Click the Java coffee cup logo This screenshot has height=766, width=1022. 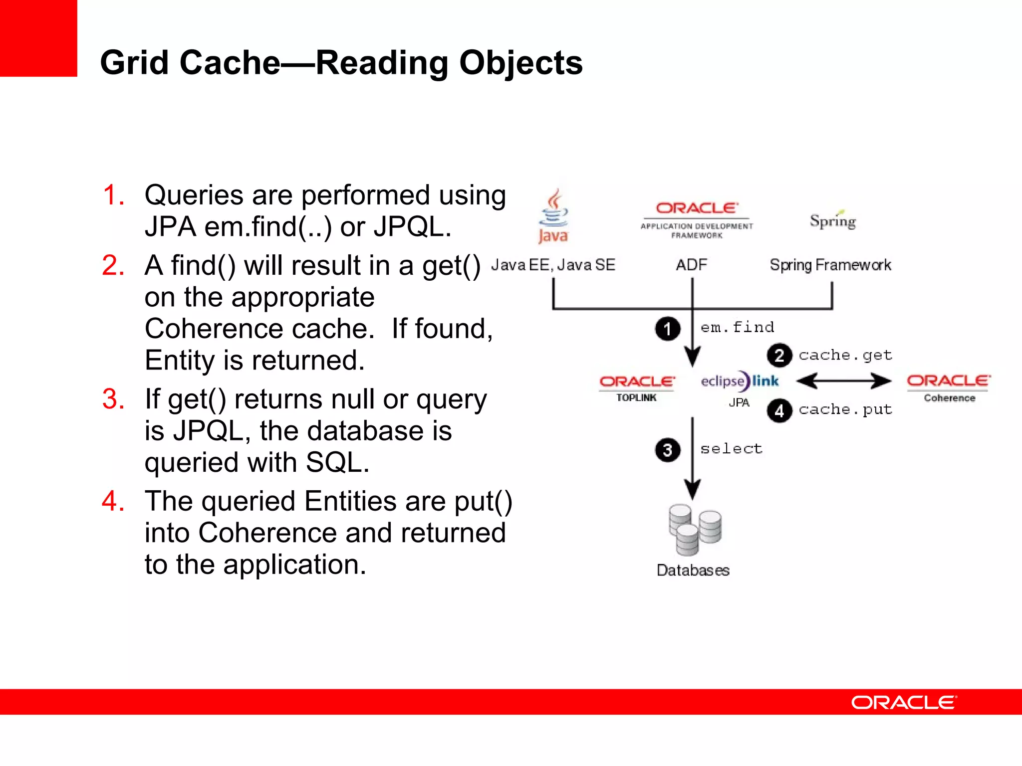pos(553,215)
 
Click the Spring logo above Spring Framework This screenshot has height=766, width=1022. pos(832,220)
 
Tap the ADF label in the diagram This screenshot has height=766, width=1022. pos(691,265)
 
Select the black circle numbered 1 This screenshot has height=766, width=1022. pos(667,329)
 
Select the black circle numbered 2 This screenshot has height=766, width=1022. pos(779,356)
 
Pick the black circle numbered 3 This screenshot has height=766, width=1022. pos(667,450)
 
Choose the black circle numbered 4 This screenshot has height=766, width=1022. pos(779,411)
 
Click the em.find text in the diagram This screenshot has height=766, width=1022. pos(737,327)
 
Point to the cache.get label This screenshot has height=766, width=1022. pos(845,355)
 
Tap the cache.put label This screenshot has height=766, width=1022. pos(845,409)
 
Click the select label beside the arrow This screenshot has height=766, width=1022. pos(731,449)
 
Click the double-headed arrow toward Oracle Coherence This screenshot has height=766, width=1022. pos(843,382)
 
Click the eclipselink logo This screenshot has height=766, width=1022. pos(739,382)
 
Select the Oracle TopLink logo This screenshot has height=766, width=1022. pos(637,387)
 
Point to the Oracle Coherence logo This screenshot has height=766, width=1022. pos(949,387)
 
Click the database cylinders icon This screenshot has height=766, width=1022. pos(694,530)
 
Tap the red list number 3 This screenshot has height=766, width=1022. pos(113,399)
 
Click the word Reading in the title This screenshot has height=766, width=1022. pos(382,63)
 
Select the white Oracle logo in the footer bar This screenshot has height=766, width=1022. pos(903,702)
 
